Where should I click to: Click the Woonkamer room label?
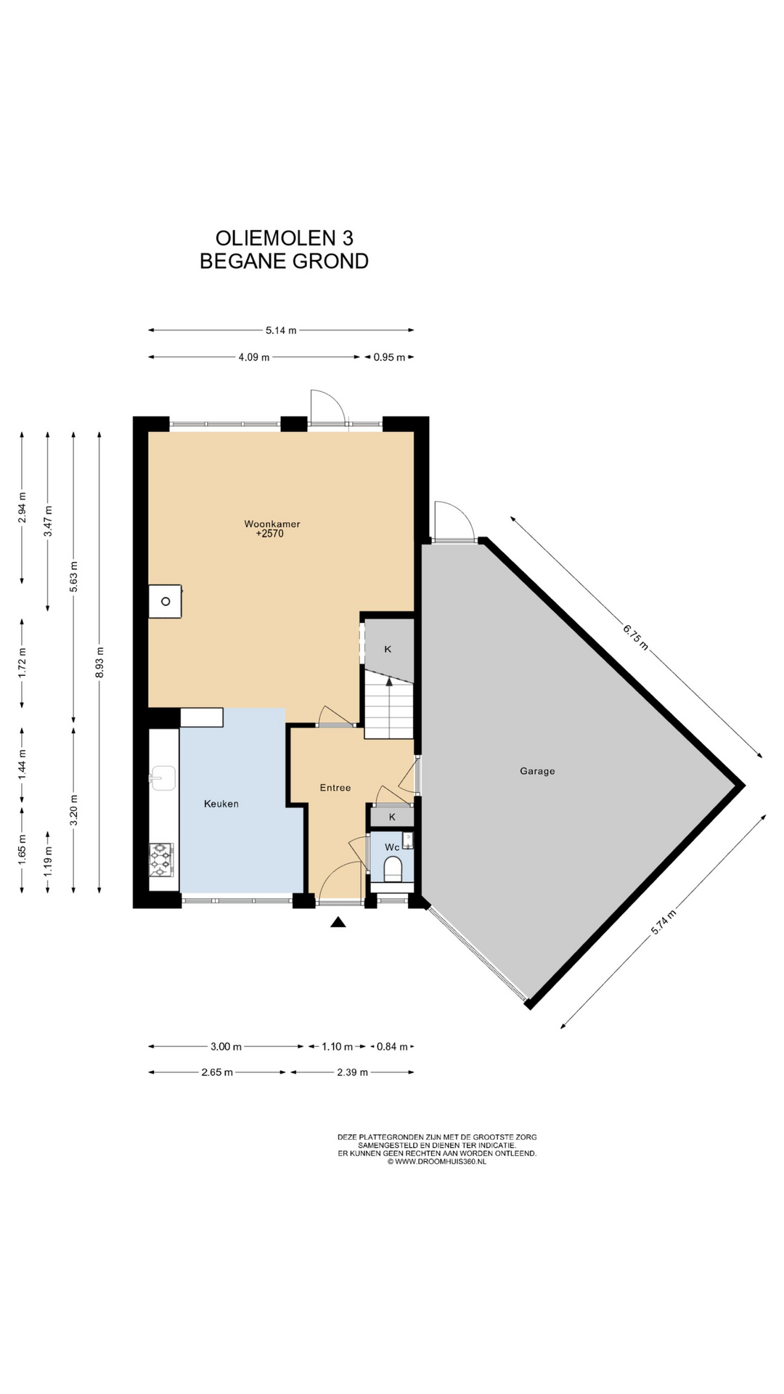pos(272,523)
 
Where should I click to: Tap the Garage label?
pos(537,771)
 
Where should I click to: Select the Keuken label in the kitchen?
pos(221,804)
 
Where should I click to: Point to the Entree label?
pos(335,788)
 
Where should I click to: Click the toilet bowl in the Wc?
pos(393,868)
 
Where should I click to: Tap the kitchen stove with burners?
pos(161,860)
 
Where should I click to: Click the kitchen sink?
pos(163,778)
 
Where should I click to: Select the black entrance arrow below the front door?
pos(338,922)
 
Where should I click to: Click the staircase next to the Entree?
pos(389,704)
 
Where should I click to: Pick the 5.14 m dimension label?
pos(281,330)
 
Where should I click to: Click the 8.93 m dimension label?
pos(99,662)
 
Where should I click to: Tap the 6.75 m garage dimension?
pos(635,637)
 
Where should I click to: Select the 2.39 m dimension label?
pos(352,1072)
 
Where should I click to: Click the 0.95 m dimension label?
pos(389,357)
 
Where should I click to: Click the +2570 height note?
pos(269,534)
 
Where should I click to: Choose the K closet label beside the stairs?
pos(388,649)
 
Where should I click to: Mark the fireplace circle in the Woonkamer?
pos(166,601)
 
